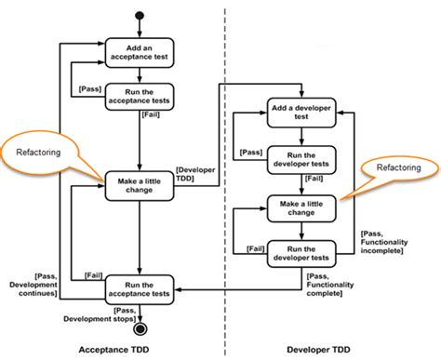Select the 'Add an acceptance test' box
click(x=139, y=51)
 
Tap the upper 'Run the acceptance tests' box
click(x=139, y=96)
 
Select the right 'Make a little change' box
click(x=302, y=207)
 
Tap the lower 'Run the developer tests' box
click(x=302, y=252)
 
